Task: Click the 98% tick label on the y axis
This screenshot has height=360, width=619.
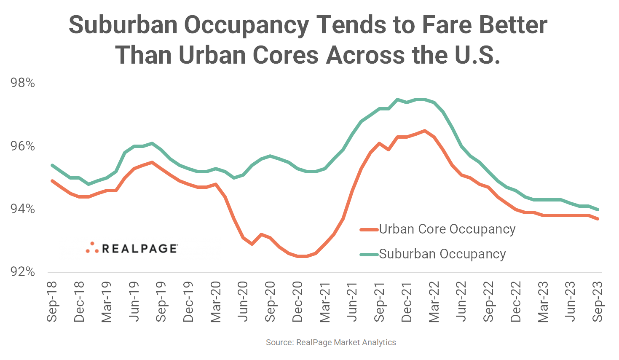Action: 22,83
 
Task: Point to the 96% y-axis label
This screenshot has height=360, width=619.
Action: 22,146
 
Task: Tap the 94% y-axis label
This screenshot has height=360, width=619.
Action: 22,209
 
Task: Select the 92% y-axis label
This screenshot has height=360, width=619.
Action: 22,271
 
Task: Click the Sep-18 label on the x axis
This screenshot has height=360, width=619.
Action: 52,301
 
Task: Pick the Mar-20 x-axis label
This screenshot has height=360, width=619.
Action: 216,301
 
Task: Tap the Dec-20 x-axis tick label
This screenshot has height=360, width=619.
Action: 297,301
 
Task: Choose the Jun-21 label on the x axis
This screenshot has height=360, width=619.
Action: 352,301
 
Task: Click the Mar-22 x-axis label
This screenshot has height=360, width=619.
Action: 434,301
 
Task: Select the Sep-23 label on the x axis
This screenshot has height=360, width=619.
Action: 598,301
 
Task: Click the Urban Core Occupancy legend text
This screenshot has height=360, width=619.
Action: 447,229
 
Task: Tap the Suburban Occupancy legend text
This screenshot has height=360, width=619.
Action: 442,254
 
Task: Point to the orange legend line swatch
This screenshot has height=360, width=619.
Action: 369,230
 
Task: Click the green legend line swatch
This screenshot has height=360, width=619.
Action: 369,255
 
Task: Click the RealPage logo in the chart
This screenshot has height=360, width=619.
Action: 132,248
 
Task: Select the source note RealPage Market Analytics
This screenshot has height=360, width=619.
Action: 331,342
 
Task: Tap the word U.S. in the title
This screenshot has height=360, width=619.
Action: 477,55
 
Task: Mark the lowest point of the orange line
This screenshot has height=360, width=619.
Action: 302,256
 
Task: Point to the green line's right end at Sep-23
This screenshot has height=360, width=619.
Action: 598,210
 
